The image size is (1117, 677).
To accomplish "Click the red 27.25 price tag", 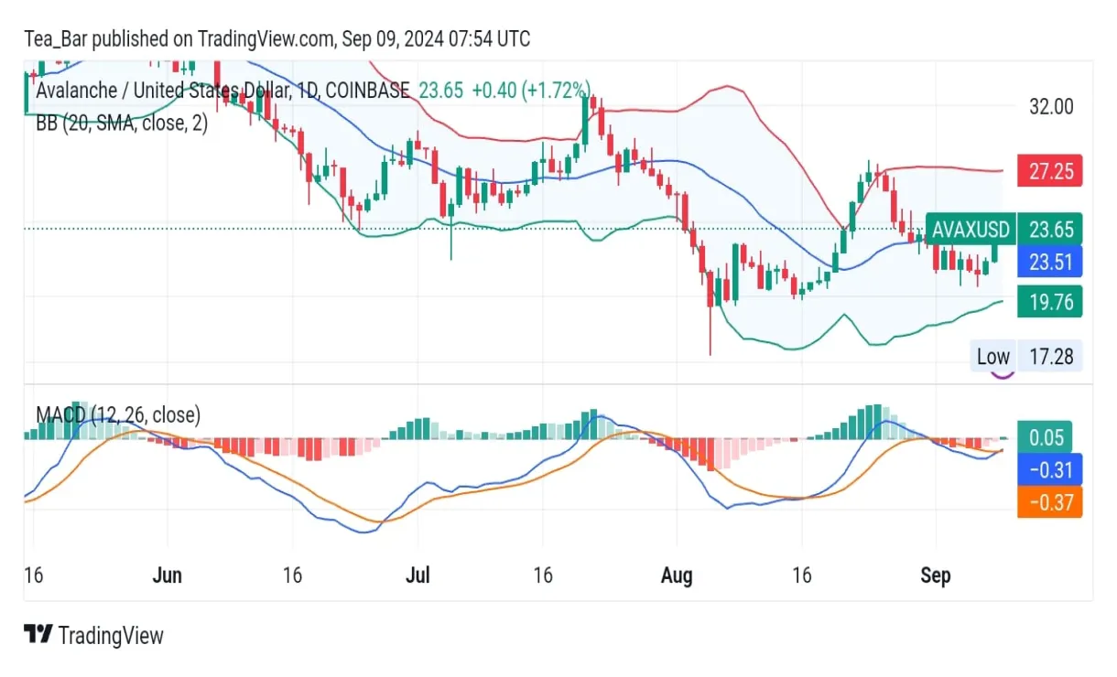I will pyautogui.click(x=1050, y=171).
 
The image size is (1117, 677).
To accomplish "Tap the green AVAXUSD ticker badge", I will pyautogui.click(x=971, y=228).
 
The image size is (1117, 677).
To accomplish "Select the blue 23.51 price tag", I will pyautogui.click(x=1050, y=263).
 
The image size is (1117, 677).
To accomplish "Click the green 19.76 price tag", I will pyautogui.click(x=1050, y=301).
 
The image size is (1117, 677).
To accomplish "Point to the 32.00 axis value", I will pyautogui.click(x=1051, y=106).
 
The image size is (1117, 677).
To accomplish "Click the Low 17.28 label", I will pyautogui.click(x=1025, y=356).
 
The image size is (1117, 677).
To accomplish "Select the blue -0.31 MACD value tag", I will pyautogui.click(x=1050, y=470).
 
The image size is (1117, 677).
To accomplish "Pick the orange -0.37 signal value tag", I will pyautogui.click(x=1050, y=502).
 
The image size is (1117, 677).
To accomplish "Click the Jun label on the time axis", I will pyautogui.click(x=168, y=575).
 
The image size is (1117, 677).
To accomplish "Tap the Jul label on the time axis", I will pyautogui.click(x=418, y=575).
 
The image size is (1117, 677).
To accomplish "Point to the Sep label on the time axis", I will pyautogui.click(x=935, y=575).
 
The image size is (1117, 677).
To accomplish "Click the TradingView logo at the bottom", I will pyautogui.click(x=93, y=635).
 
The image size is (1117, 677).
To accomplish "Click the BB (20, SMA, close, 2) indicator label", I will pyautogui.click(x=122, y=124).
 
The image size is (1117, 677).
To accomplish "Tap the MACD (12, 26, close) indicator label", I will pyautogui.click(x=118, y=415).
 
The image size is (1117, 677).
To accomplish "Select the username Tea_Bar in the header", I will pyautogui.click(x=56, y=38).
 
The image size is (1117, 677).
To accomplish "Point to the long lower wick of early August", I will pyautogui.click(x=710, y=334).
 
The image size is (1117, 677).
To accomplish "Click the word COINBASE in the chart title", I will pyautogui.click(x=367, y=91).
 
